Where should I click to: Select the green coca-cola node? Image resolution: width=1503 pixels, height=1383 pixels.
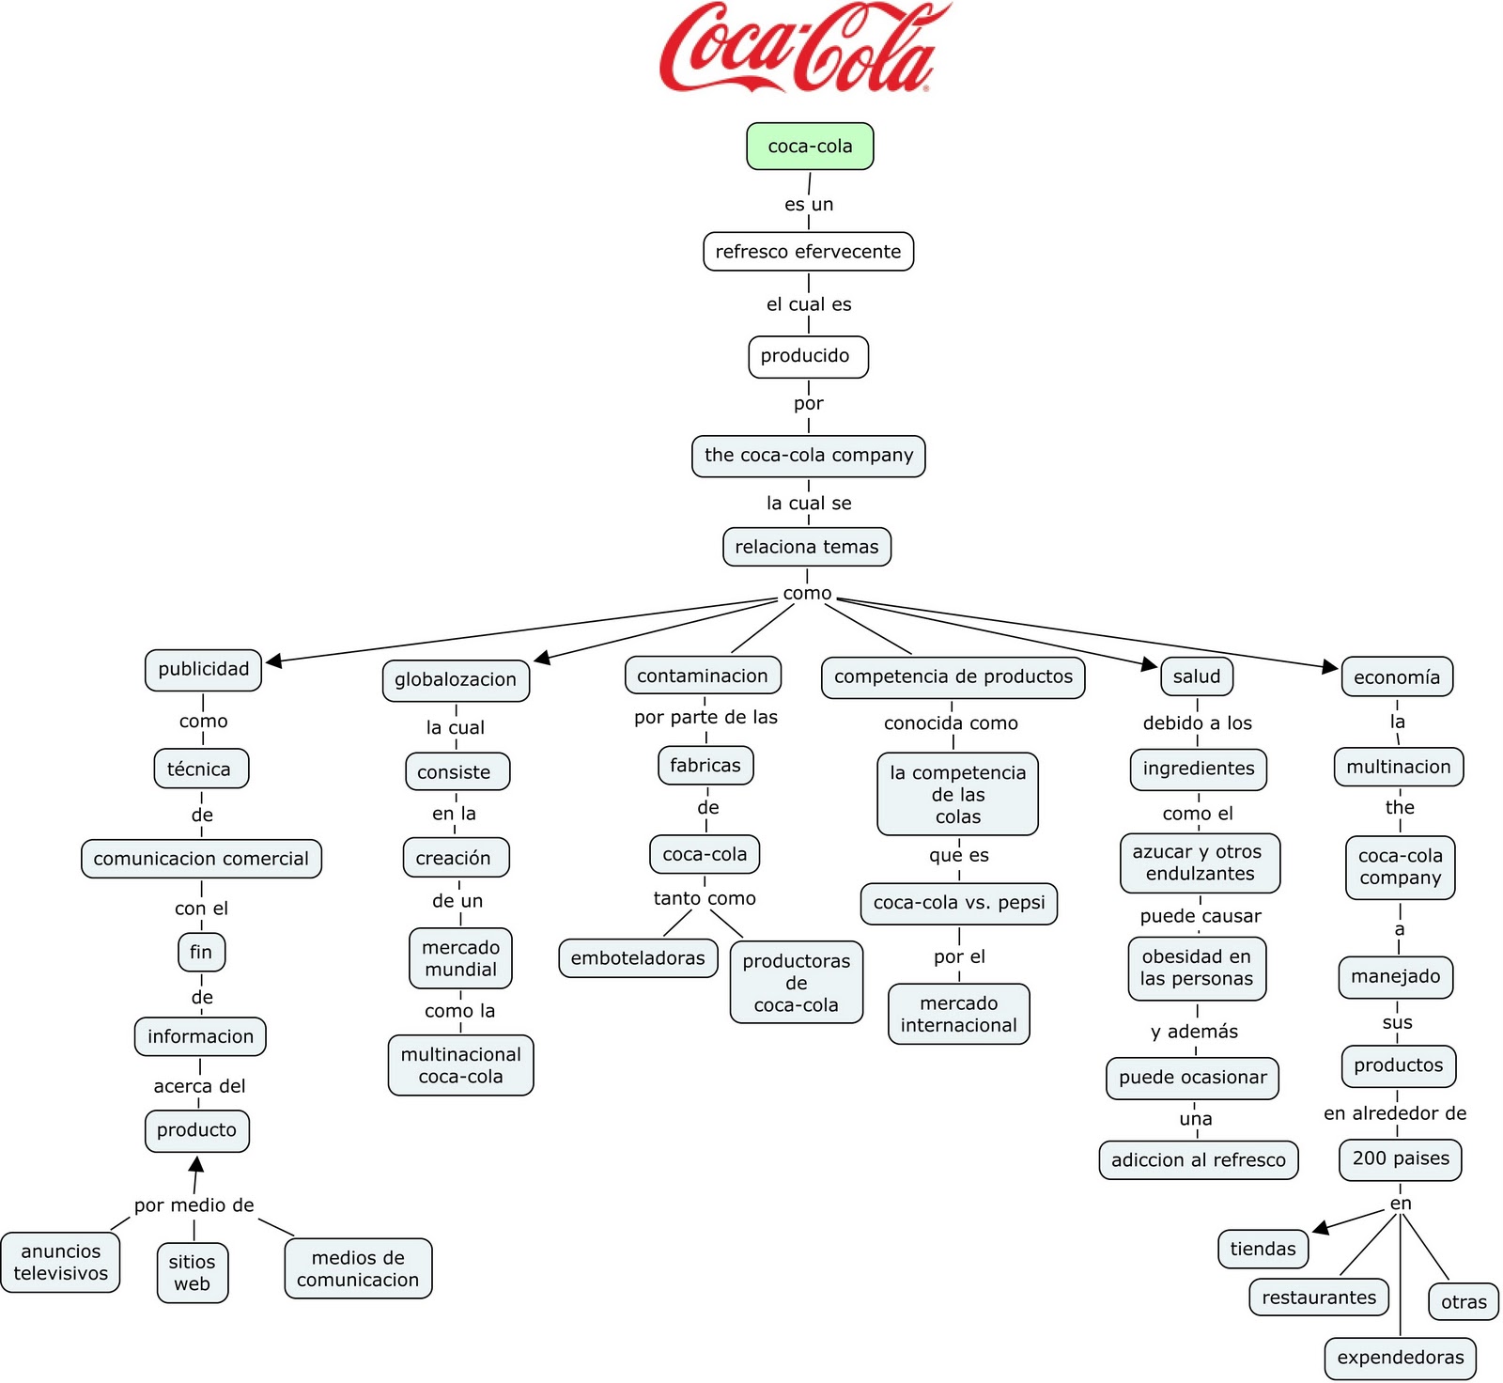pyautogui.click(x=810, y=147)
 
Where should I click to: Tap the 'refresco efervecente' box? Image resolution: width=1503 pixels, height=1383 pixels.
pyautogui.click(x=808, y=252)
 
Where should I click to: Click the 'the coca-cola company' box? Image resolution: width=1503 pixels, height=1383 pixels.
pyautogui.click(x=808, y=456)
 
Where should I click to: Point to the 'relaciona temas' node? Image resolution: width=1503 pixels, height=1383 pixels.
pyautogui.click(x=806, y=547)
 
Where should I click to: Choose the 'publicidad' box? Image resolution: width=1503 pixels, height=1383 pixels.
pyautogui.click(x=203, y=670)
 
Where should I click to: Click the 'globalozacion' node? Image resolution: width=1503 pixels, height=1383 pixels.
pyautogui.click(x=456, y=680)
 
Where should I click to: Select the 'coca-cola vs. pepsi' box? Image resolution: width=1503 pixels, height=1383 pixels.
pyautogui.click(x=958, y=903)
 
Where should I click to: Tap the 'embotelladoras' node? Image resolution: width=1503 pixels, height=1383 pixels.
pyautogui.click(x=638, y=958)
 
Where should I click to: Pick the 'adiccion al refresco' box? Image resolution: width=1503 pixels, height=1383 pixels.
pyautogui.click(x=1198, y=1160)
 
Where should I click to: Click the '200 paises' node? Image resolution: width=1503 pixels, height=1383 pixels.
pyautogui.click(x=1400, y=1158)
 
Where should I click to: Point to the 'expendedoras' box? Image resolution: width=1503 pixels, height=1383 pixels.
pyautogui.click(x=1400, y=1358)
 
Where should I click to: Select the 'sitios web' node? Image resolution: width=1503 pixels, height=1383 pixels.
pyautogui.click(x=193, y=1273)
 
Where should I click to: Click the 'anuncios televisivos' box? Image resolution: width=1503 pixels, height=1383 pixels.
pyautogui.click(x=61, y=1263)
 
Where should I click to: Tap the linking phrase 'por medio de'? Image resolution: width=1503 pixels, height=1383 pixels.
pyautogui.click(x=194, y=1205)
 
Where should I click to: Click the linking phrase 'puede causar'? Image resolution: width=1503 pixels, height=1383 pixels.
pyautogui.click(x=1200, y=916)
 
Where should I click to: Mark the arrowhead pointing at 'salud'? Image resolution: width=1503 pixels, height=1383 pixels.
pyautogui.click(x=1150, y=664)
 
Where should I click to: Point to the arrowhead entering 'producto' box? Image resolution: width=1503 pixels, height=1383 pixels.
pyautogui.click(x=196, y=1164)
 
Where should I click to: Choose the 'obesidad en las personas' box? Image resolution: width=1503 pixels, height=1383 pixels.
pyautogui.click(x=1196, y=968)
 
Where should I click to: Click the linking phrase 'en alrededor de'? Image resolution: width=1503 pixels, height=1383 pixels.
pyautogui.click(x=1395, y=1113)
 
